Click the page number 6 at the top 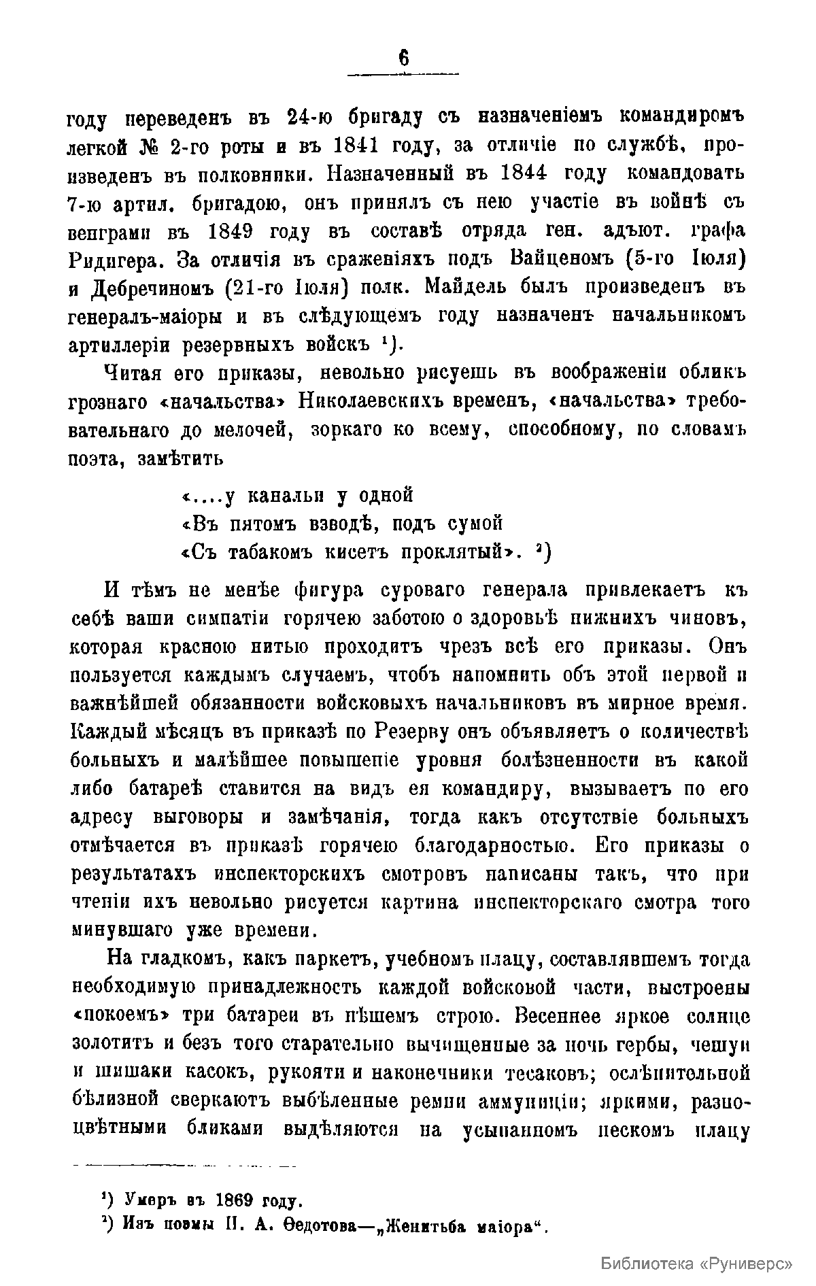coord(403,60)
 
